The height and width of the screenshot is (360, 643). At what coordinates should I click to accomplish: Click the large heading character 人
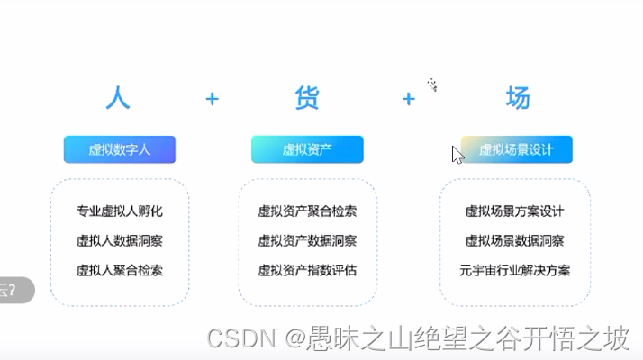[x=119, y=97]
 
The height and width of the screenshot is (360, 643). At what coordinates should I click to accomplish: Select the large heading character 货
[x=307, y=97]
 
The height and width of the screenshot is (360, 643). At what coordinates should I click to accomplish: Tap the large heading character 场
[x=517, y=97]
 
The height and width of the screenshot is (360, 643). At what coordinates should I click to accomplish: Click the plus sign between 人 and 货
[x=213, y=98]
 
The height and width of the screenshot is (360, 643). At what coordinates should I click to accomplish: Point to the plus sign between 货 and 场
[x=409, y=98]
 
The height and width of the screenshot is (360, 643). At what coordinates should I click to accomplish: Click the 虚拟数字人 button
[x=120, y=149]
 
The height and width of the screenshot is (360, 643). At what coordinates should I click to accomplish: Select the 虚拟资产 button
[x=307, y=149]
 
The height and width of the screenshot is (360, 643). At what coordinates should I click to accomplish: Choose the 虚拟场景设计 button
[x=516, y=149]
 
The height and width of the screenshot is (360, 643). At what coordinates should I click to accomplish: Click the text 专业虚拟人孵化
[x=120, y=211]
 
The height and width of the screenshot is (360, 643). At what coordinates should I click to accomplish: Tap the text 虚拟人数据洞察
[x=120, y=240]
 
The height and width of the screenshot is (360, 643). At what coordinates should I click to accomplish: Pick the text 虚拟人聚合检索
[x=120, y=269]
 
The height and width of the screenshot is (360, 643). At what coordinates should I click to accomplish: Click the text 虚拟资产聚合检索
[x=307, y=211]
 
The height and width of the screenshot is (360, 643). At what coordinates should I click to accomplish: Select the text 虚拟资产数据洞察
[x=307, y=240]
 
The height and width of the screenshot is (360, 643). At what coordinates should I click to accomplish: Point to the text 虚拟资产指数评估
[x=307, y=269]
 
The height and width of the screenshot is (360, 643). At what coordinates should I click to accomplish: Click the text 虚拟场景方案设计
[x=514, y=211]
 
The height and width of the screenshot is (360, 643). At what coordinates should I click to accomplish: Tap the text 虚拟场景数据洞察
[x=514, y=240]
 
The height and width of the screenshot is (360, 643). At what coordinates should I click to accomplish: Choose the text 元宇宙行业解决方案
[x=514, y=269]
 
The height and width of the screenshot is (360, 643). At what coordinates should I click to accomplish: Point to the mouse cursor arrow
[x=457, y=155]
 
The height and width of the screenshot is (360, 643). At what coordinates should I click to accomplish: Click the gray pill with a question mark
[x=15, y=290]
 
